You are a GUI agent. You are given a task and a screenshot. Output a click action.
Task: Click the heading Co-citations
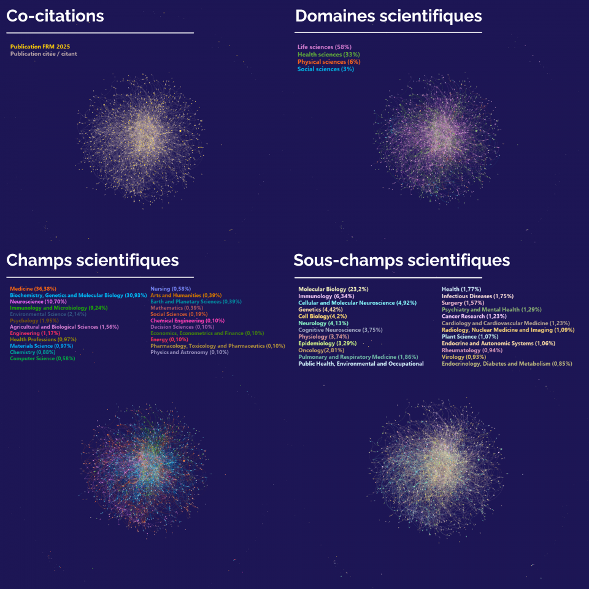pos(55,16)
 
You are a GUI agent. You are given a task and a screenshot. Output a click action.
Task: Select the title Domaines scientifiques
pos(388,16)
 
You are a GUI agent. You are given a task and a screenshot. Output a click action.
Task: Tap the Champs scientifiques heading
pos(93,260)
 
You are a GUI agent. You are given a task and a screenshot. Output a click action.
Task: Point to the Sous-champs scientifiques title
pos(402,260)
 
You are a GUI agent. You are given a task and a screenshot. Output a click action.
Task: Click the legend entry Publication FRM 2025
pos(44,47)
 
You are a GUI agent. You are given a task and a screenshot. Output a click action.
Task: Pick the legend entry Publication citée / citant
pos(44,54)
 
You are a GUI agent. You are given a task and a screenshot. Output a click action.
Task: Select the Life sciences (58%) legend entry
pos(325,47)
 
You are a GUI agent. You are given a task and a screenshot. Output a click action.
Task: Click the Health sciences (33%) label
pos(328,55)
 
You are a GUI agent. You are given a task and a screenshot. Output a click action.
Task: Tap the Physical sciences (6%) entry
pos(329,62)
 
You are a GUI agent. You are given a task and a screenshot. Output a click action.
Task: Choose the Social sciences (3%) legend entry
pos(326,69)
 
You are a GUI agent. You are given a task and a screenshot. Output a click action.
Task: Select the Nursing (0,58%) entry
pos(171,288)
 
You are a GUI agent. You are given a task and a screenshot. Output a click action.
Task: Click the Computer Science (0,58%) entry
pos(42,359)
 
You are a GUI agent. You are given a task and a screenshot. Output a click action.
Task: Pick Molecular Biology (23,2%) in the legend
pos(333,289)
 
